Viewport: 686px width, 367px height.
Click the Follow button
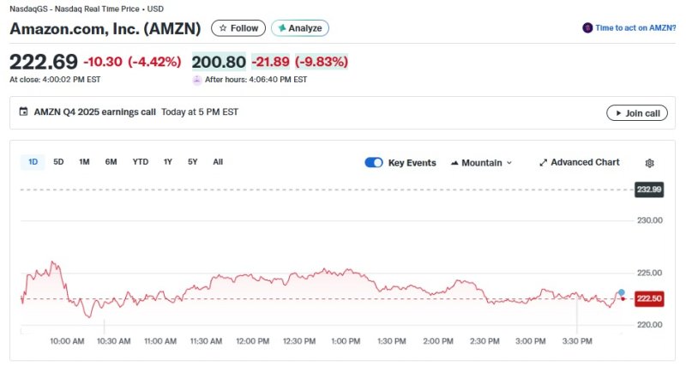point(238,28)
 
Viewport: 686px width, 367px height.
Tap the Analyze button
point(300,28)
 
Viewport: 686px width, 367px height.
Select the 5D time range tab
point(58,162)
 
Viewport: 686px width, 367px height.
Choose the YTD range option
point(141,162)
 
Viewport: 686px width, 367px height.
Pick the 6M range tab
point(111,162)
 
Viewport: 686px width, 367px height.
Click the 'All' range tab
point(218,162)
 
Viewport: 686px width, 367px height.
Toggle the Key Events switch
point(374,163)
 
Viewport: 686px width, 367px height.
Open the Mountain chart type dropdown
point(481,163)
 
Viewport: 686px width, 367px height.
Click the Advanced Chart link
point(579,163)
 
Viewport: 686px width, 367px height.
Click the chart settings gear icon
point(649,163)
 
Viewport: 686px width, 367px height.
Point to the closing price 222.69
point(44,62)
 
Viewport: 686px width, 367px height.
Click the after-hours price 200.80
point(218,62)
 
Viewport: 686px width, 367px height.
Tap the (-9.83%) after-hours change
point(322,62)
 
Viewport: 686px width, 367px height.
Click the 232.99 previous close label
point(649,190)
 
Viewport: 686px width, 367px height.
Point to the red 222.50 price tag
point(649,298)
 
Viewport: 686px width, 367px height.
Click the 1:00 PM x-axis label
point(345,341)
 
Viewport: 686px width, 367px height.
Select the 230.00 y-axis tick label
point(651,220)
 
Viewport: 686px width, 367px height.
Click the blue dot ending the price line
point(621,293)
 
